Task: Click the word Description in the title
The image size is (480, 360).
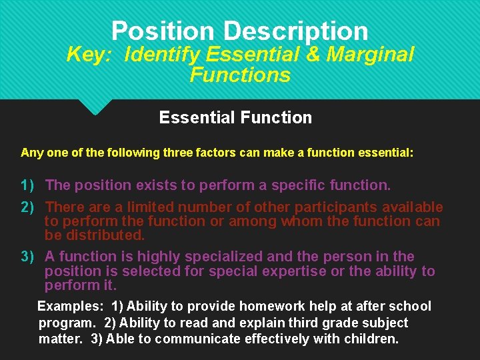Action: pos(295,31)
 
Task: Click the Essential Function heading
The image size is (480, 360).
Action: pos(235,118)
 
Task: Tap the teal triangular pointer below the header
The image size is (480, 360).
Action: pos(95,107)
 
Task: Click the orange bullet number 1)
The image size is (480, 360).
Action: pos(27,185)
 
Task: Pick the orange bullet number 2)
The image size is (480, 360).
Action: pos(27,207)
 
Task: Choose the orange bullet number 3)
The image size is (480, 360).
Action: pos(27,257)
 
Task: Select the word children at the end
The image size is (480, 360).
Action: pos(371,339)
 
